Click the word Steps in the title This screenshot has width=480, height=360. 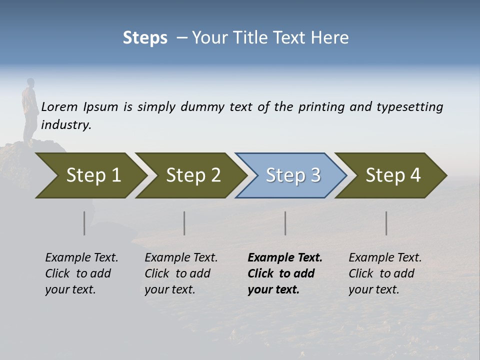(145, 38)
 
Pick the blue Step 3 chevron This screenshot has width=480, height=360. (292, 175)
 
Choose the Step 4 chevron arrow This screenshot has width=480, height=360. (393, 175)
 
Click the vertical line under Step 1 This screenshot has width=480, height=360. (84, 223)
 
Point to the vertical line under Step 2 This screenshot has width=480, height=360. (184, 223)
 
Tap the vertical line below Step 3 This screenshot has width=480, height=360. (285, 223)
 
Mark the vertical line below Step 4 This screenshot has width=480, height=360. (386, 223)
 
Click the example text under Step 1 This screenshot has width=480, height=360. (81, 273)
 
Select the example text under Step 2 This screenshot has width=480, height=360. (181, 273)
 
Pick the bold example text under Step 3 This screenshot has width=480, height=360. (284, 273)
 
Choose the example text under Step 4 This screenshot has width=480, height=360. (385, 273)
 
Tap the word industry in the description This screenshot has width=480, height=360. (66, 125)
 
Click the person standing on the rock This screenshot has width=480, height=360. (30, 110)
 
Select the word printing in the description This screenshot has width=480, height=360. (320, 107)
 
